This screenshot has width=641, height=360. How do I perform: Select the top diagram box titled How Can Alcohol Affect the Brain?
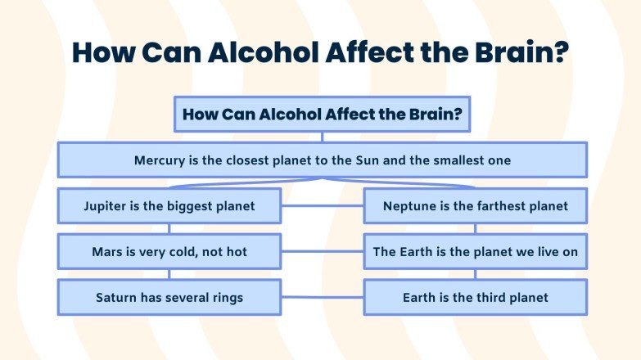click(322, 115)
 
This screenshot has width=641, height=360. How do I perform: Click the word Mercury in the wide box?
click(160, 160)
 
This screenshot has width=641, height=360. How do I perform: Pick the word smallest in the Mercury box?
click(457, 160)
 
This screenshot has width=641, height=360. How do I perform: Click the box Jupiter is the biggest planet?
click(169, 206)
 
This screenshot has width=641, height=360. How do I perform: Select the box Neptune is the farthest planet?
click(475, 206)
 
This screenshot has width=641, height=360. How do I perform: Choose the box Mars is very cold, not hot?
click(169, 252)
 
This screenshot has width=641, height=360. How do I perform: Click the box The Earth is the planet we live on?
click(475, 252)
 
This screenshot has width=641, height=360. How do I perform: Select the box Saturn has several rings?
click(169, 298)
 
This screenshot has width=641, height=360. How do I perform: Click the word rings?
click(225, 298)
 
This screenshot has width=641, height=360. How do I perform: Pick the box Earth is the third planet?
click(475, 298)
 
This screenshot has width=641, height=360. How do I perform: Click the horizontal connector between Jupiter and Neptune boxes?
click(323, 206)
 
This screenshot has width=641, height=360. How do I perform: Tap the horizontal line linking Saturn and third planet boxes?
click(323, 298)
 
